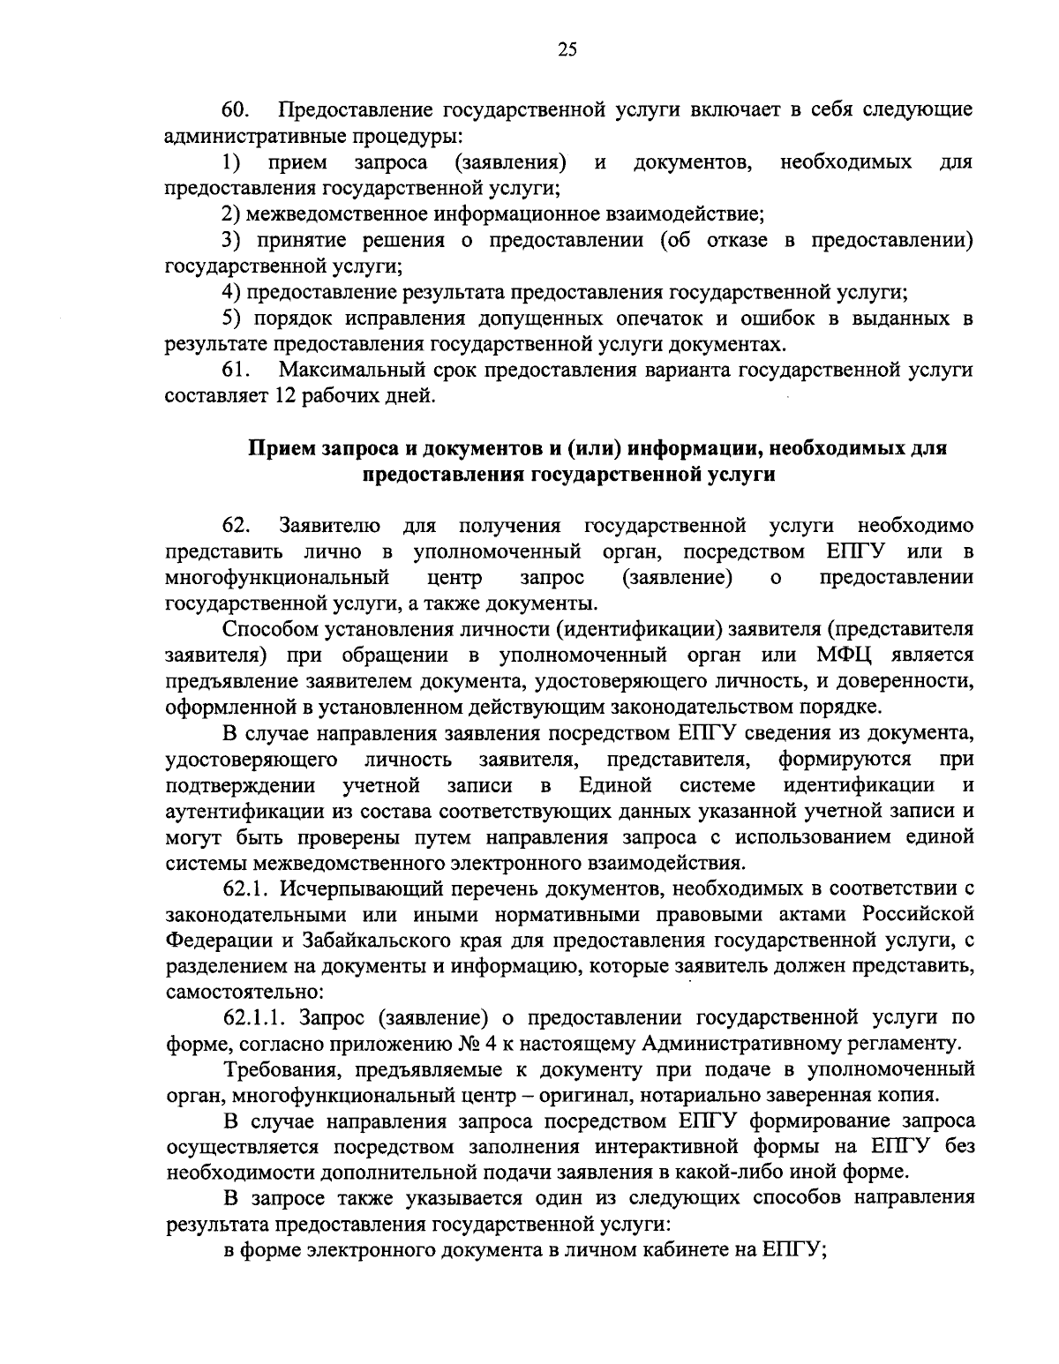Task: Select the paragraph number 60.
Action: coord(236,110)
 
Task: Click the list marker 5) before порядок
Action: coord(231,318)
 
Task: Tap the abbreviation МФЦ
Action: coord(852,656)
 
